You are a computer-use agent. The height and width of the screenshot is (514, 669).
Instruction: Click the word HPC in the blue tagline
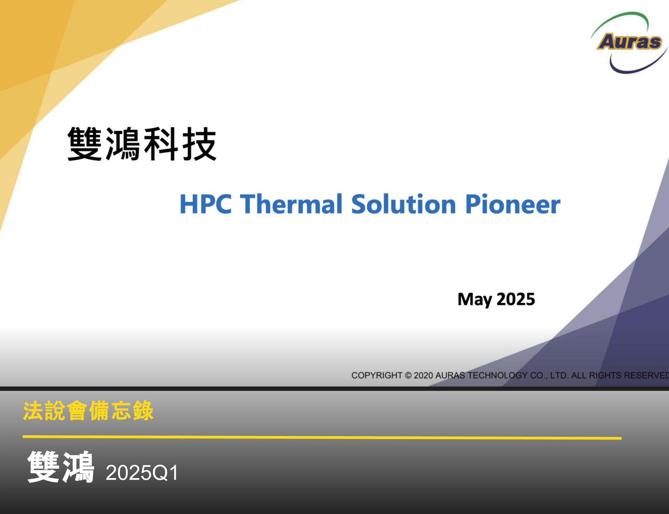pos(206,204)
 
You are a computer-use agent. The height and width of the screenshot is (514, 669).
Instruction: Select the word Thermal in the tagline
pos(291,204)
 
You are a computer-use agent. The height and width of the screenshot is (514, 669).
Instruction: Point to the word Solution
pos(403,204)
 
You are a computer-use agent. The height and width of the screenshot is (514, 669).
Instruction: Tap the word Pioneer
pos(513,204)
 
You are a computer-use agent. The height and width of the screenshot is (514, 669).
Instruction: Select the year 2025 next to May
pos(516,299)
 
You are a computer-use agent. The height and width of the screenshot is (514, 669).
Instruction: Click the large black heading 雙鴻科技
pos(142,144)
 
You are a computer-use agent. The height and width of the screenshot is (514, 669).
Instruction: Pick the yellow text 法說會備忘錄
pos(88,411)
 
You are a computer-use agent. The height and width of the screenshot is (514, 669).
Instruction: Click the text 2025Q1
pos(142,472)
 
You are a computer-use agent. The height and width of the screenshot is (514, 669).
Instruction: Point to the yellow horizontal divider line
pos(322,437)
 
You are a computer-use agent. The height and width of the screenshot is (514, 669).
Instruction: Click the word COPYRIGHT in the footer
pos(377,375)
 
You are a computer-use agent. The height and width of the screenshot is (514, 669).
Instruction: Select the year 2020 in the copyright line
pos(423,375)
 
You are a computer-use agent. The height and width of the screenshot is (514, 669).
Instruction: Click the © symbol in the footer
pos(408,376)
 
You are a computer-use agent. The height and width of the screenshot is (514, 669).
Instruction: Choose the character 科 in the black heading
pos(160,144)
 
